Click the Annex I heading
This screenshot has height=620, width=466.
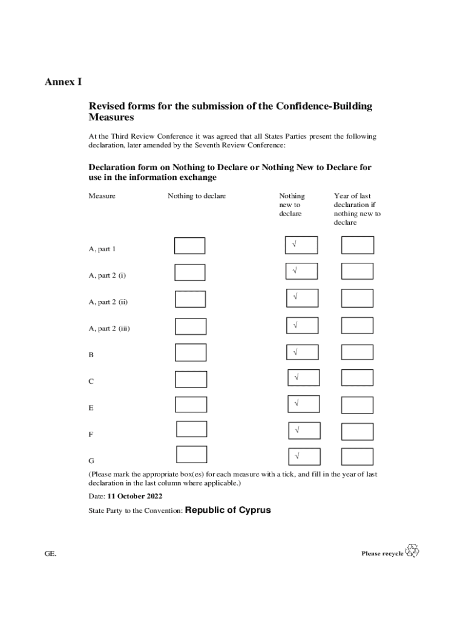point(63,81)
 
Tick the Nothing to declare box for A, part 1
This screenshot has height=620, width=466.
point(190,246)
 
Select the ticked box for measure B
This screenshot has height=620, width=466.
point(303,352)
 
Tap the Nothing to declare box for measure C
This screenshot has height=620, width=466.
point(191,379)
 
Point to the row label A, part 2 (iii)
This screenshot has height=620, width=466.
point(110,329)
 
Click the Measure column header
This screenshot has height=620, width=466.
point(102,196)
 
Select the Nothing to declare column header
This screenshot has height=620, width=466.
point(197,196)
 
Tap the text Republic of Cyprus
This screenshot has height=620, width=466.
point(228,510)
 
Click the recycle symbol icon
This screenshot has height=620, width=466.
point(412,550)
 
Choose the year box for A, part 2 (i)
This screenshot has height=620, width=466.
point(357,272)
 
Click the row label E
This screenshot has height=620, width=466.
point(91,408)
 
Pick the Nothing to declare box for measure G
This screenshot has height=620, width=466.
point(191,454)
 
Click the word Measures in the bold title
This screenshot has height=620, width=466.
point(111,117)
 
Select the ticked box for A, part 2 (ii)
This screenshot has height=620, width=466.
point(303,298)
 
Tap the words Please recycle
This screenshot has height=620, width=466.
point(382,553)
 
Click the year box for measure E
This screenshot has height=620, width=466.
point(357,404)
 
